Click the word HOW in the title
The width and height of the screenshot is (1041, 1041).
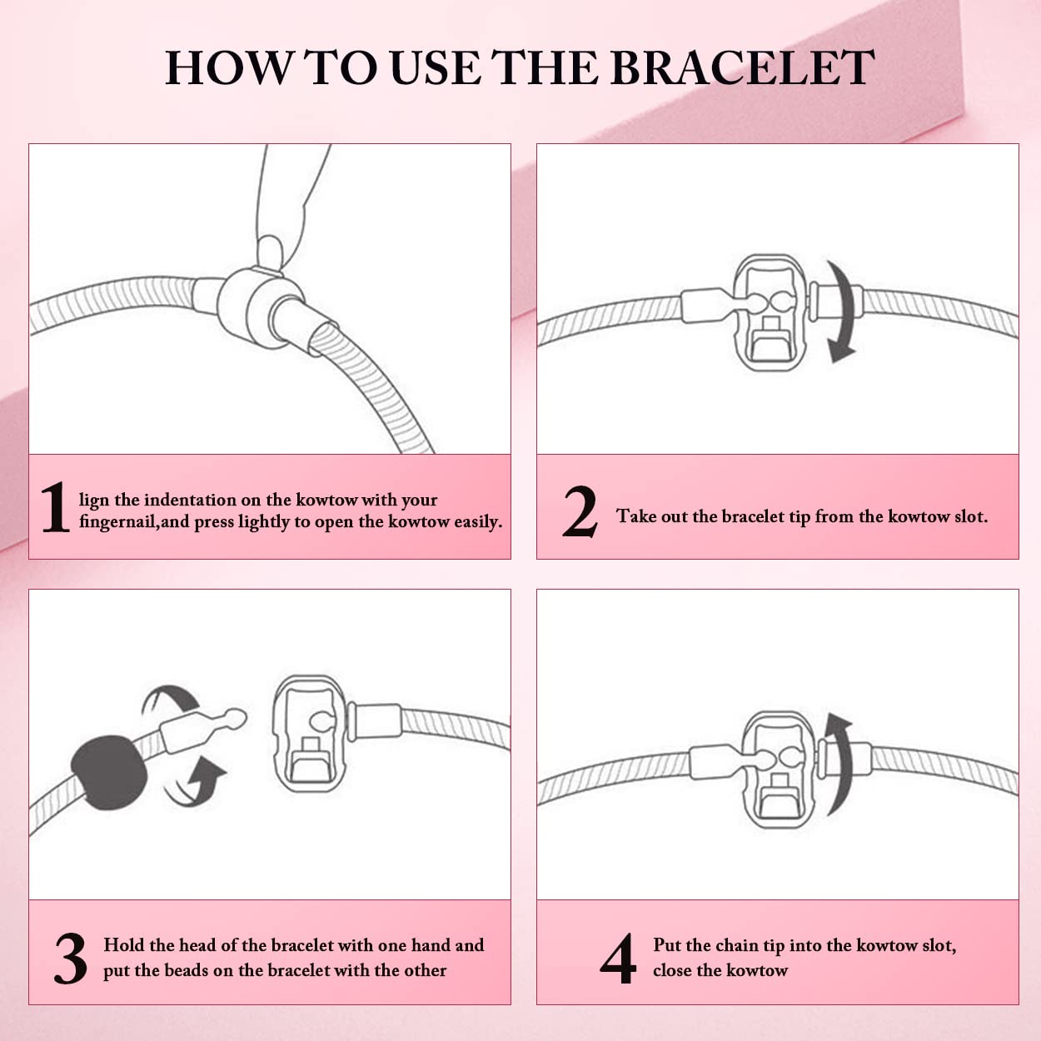[227, 68]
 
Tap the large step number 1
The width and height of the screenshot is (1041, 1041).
[55, 507]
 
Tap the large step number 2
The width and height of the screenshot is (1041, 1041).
[579, 511]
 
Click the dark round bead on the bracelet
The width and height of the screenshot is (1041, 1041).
[109, 773]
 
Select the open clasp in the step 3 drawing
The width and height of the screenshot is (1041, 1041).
[309, 733]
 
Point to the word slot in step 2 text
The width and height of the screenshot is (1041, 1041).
[970, 516]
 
